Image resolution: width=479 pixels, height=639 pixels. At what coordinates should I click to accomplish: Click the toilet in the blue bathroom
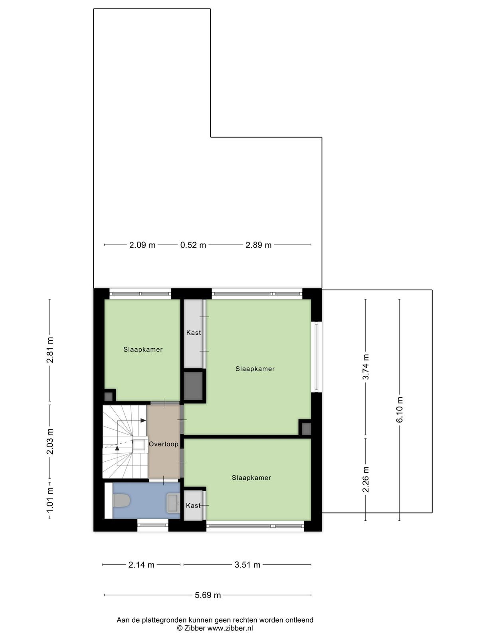pyautogui.click(x=122, y=501)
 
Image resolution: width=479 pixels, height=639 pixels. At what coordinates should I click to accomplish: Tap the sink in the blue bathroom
pyautogui.click(x=173, y=503)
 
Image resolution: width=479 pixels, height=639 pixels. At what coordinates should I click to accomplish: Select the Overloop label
pyautogui.click(x=163, y=444)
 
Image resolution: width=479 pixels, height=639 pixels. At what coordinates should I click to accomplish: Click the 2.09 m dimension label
pyautogui.click(x=143, y=245)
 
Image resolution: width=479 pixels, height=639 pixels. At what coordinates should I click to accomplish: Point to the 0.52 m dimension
pyautogui.click(x=193, y=245)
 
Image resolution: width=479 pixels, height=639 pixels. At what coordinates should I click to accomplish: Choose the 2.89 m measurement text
pyautogui.click(x=259, y=245)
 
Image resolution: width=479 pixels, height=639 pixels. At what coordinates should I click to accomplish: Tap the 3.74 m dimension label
pyautogui.click(x=366, y=367)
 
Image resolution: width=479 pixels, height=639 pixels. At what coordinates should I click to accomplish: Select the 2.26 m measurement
pyautogui.click(x=366, y=479)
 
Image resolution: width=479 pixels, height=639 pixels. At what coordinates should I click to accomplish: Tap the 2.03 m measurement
pyautogui.click(x=50, y=442)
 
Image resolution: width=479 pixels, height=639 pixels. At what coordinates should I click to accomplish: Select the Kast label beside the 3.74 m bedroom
pyautogui.click(x=194, y=332)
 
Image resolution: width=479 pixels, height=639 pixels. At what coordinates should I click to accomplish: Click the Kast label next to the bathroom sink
pyautogui.click(x=194, y=505)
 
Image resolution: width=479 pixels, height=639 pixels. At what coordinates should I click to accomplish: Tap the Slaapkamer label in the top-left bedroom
pyautogui.click(x=143, y=349)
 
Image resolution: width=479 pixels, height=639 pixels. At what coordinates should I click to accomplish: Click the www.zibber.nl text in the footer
pyautogui.click(x=230, y=628)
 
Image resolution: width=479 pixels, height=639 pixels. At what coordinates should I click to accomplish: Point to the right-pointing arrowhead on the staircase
pyautogui.click(x=143, y=421)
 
